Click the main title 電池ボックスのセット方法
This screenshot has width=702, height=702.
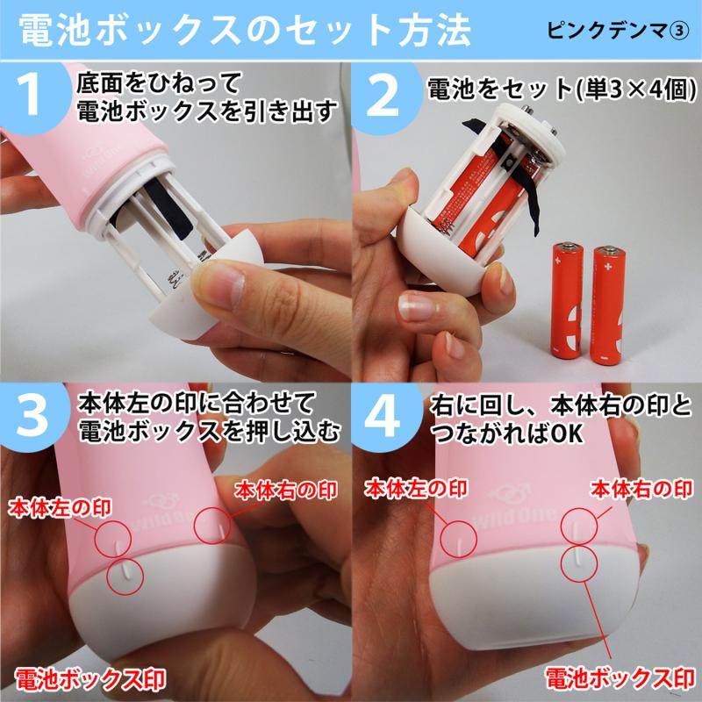click(x=245, y=31)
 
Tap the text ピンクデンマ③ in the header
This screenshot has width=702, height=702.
click(x=618, y=31)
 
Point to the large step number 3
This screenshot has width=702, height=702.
click(x=32, y=415)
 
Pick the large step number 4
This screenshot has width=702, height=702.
click(x=382, y=415)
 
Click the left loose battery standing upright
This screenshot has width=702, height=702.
click(x=567, y=301)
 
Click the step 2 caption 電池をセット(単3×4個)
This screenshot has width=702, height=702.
click(x=562, y=89)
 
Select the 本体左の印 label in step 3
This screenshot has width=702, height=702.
click(x=60, y=508)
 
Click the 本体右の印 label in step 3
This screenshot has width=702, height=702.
click(x=286, y=491)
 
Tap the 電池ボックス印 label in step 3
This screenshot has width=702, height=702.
click(x=90, y=679)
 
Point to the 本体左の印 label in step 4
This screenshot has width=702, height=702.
click(x=416, y=488)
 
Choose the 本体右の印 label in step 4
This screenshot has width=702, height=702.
click(x=641, y=489)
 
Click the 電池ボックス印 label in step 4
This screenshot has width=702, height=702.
click(x=620, y=677)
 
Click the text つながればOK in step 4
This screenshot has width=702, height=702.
click(x=507, y=433)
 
